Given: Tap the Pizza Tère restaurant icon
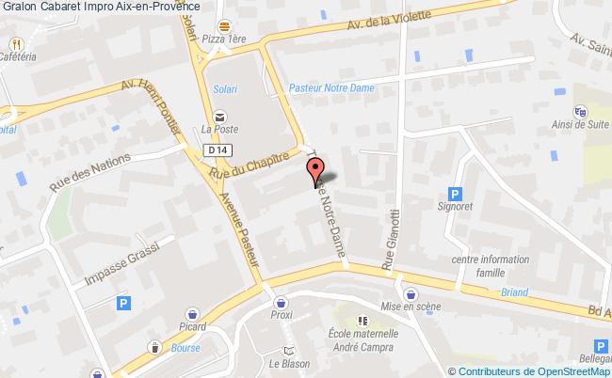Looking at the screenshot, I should pos(224,28).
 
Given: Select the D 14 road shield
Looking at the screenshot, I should pos(217,149).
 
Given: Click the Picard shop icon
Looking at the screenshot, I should pos(192,312).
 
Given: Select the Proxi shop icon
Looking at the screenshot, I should pos(281,303).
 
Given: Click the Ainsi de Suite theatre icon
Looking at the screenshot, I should pos(580,110).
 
